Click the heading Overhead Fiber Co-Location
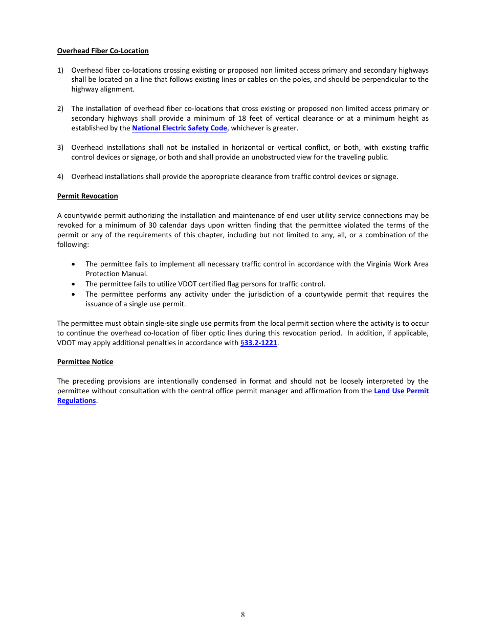tap(103, 51)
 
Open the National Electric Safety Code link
tap(180, 128)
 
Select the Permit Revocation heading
tap(87, 196)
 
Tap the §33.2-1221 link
tap(259, 343)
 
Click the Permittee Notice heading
tap(85, 362)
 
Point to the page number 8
tap(243, 615)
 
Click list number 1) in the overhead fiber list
tap(60, 70)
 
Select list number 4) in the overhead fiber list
tap(60, 176)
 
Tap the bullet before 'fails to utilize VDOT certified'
tap(75, 284)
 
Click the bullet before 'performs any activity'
tap(75, 294)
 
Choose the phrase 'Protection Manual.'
tap(117, 274)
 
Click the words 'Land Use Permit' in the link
tap(401, 391)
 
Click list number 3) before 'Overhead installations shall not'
tap(60, 147)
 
